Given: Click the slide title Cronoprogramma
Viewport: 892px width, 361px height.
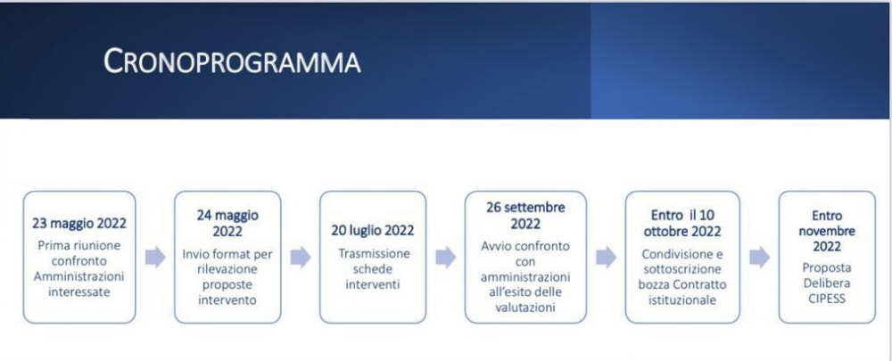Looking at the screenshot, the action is (x=232, y=62).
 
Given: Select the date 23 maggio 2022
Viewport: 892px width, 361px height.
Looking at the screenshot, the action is (x=79, y=224).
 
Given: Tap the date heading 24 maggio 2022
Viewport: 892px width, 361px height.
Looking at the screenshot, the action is (x=227, y=224).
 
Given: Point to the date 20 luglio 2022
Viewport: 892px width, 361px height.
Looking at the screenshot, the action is (x=373, y=230).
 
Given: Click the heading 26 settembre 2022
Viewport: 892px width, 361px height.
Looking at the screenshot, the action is (x=525, y=216).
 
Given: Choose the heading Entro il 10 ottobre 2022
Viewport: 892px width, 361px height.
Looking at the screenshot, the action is (x=682, y=224).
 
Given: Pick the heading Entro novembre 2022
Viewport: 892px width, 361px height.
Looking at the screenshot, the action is (x=827, y=231).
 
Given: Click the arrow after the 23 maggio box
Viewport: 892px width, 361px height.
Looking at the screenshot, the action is (x=155, y=258).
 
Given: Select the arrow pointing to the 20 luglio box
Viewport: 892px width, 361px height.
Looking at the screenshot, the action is (x=301, y=258).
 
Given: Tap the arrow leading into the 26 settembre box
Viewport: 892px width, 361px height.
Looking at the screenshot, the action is (x=445, y=258).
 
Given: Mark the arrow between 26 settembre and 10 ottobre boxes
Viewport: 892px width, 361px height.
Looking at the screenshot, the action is (x=606, y=258).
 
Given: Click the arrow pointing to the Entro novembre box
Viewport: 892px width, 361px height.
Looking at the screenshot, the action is (x=759, y=258).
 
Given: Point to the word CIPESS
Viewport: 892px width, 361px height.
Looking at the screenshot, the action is (x=827, y=299).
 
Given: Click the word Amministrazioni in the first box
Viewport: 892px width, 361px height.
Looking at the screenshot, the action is (x=79, y=277).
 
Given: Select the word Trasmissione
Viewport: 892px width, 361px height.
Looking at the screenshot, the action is (x=373, y=253).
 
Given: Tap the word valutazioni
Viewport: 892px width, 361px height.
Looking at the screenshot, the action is (x=525, y=308).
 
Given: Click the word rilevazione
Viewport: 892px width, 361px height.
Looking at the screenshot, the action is (x=227, y=269).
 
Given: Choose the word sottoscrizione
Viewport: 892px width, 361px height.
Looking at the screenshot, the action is (x=682, y=269).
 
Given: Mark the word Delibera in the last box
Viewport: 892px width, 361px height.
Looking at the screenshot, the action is (x=827, y=283).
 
